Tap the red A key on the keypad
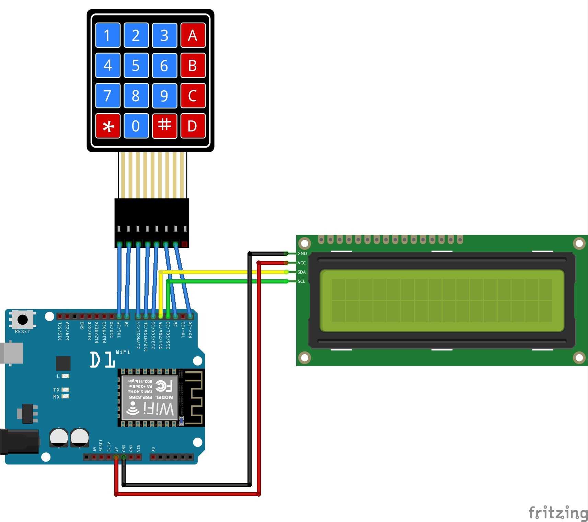(x=193, y=35)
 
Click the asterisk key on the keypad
(x=108, y=126)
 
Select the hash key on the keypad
(x=164, y=126)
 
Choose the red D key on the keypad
(x=193, y=126)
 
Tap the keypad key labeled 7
(x=108, y=96)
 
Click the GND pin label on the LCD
(x=302, y=254)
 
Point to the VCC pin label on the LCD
(x=301, y=263)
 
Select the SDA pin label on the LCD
(x=301, y=272)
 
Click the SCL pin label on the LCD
(x=301, y=281)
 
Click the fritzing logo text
(x=558, y=513)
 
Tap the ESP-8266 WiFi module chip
(x=150, y=397)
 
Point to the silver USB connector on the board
(x=12, y=353)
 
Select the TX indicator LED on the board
(x=65, y=390)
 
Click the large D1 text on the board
(x=102, y=360)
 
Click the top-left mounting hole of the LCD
(x=304, y=244)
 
